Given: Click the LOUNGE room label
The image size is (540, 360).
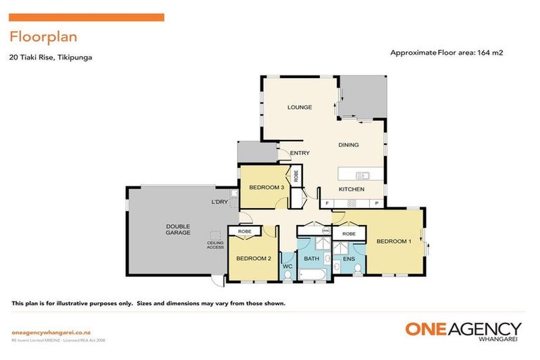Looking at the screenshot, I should coord(300,108).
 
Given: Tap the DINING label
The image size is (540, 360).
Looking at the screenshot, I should coord(348,146).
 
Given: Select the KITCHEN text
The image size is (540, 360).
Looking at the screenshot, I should coord(352,190).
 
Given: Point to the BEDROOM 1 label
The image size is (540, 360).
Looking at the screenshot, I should coord(394,242).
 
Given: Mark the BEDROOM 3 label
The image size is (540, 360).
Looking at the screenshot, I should coord(266,188).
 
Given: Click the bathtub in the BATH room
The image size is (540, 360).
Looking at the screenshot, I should coord(312,274).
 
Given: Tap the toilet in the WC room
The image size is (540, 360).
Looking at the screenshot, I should coord(287,275).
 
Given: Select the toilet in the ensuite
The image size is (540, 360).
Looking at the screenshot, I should coord(358,270).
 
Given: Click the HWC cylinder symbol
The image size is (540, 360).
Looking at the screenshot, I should coord(326,231).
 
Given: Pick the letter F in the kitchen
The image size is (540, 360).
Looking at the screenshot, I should coord(327,204).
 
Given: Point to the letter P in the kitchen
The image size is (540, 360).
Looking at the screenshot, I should coord(377,204).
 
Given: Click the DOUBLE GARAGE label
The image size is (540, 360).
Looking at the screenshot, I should coord(179,229).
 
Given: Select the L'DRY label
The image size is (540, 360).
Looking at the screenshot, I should coord(220,202).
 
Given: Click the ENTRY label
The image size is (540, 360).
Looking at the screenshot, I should coord(300,153).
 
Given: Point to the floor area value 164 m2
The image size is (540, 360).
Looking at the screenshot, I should coord(490,52).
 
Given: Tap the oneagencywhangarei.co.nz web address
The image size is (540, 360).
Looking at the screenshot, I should coord(51,332).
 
